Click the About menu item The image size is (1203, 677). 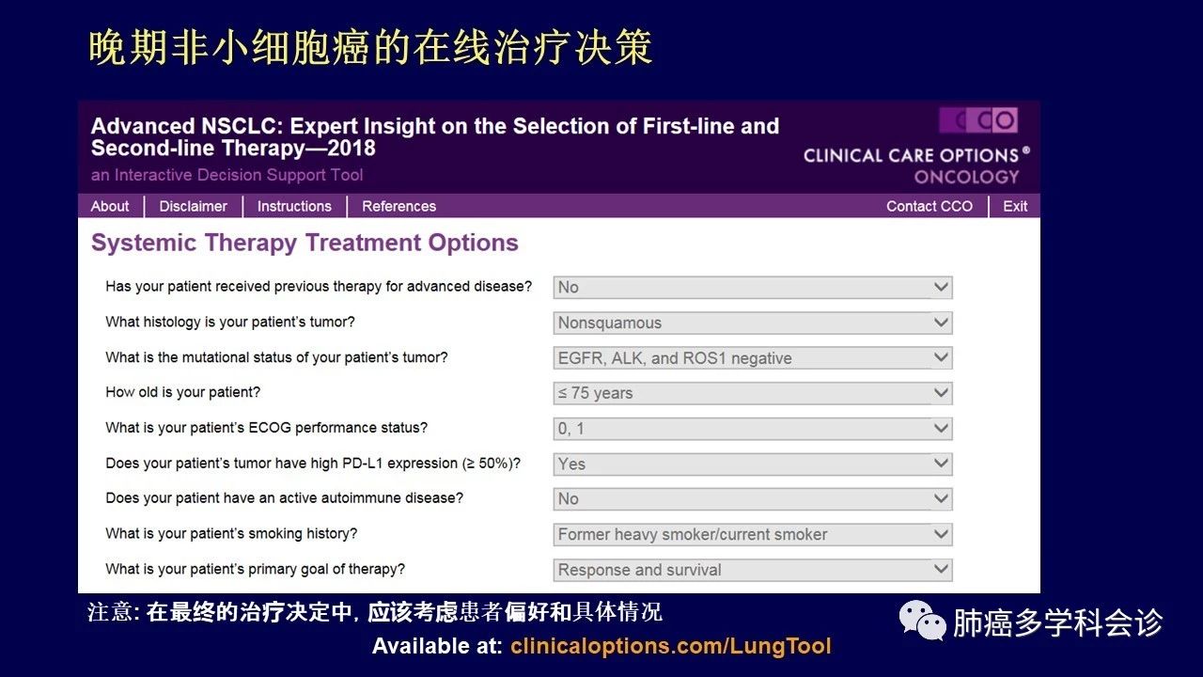[x=110, y=206]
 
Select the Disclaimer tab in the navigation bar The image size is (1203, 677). [x=193, y=206]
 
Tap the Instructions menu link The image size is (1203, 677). [x=294, y=206]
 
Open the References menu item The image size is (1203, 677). [x=399, y=206]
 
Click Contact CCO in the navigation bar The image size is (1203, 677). [x=930, y=206]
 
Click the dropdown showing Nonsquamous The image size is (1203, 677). [x=753, y=323]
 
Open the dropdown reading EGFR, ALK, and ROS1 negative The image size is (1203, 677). [x=753, y=358]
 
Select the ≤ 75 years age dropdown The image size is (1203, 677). [x=753, y=393]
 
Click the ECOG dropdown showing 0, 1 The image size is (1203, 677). [x=753, y=429]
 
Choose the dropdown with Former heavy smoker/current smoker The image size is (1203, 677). [x=753, y=535]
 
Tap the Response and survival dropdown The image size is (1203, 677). [x=753, y=570]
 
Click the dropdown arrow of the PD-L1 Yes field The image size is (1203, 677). [x=941, y=464]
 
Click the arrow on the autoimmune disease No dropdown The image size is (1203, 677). [x=941, y=498]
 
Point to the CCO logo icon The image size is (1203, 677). [x=978, y=120]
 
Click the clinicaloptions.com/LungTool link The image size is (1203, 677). [x=671, y=646]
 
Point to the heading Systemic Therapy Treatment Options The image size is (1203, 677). [x=305, y=244]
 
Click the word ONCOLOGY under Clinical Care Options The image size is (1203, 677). [x=966, y=177]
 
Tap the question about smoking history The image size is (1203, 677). [x=231, y=533]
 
